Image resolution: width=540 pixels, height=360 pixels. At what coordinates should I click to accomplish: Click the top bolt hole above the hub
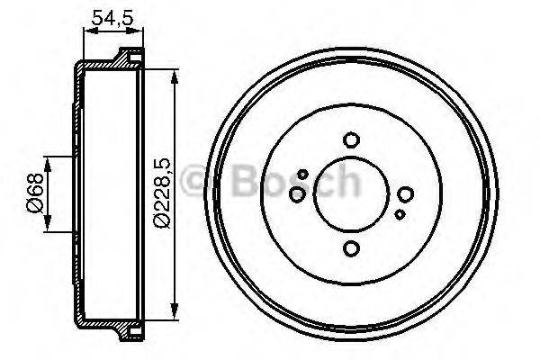352,139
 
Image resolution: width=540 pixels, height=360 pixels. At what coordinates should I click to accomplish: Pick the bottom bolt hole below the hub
352,249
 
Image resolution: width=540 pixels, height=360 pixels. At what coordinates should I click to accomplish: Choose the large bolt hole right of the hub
406,194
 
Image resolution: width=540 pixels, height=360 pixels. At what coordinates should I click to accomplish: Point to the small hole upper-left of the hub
303,174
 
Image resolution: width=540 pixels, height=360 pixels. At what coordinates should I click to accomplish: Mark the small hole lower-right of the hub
400,214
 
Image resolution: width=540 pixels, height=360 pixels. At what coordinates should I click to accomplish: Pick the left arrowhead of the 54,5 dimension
86,31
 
